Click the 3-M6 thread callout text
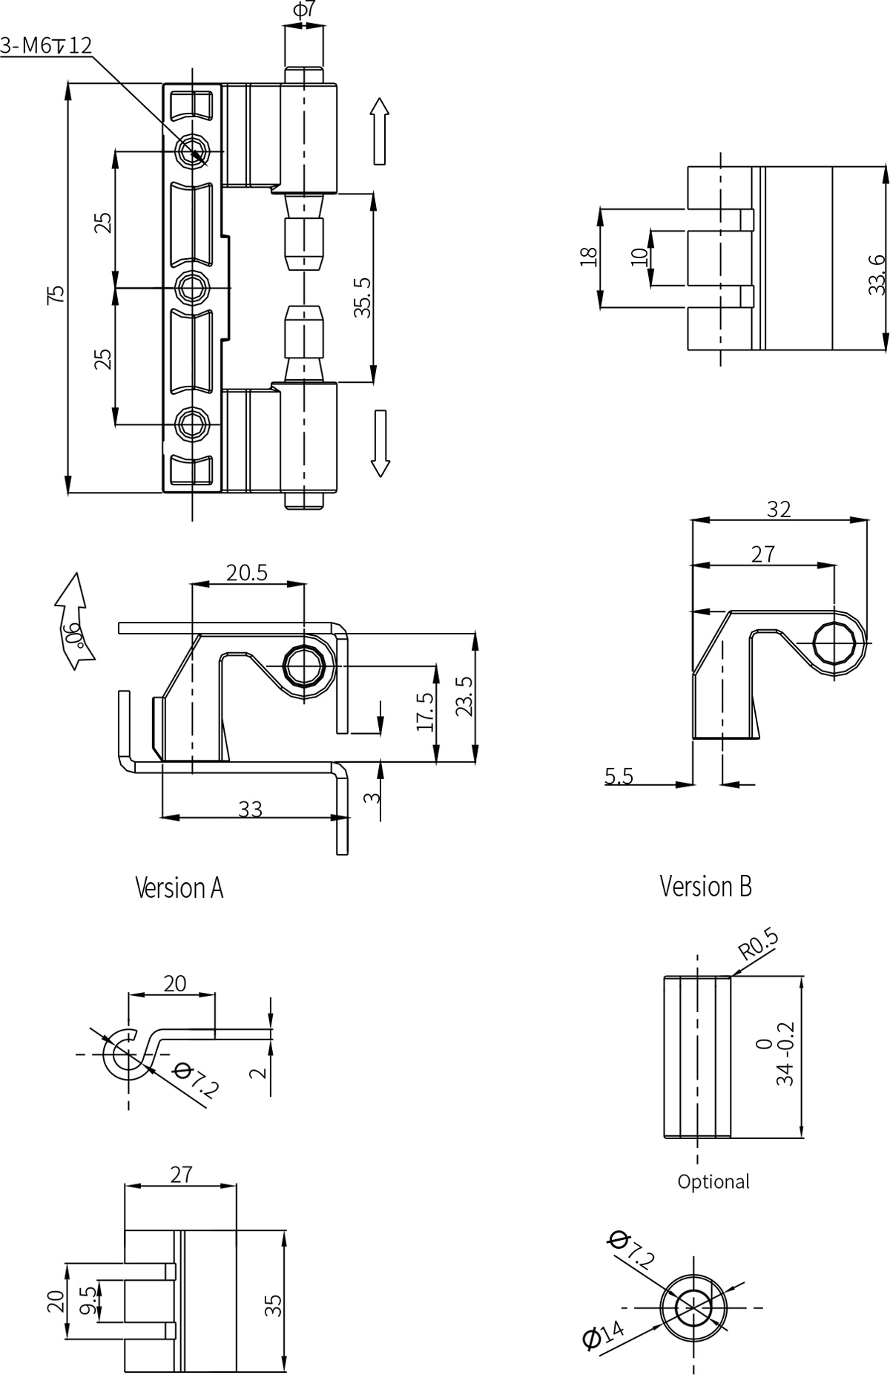pos(46,45)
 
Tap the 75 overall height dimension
pos(56,294)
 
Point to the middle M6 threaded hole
pos(192,286)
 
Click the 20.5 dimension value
pos(246,573)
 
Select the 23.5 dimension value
pos(464,696)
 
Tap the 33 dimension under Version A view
pos(251,809)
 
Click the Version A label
pos(179,887)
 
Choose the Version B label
pos(705,885)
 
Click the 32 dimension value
pos(779,509)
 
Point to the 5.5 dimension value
pos(619,776)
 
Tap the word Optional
pos(713,1181)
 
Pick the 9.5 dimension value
pos(88,1301)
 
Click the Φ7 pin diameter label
pos(304,10)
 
